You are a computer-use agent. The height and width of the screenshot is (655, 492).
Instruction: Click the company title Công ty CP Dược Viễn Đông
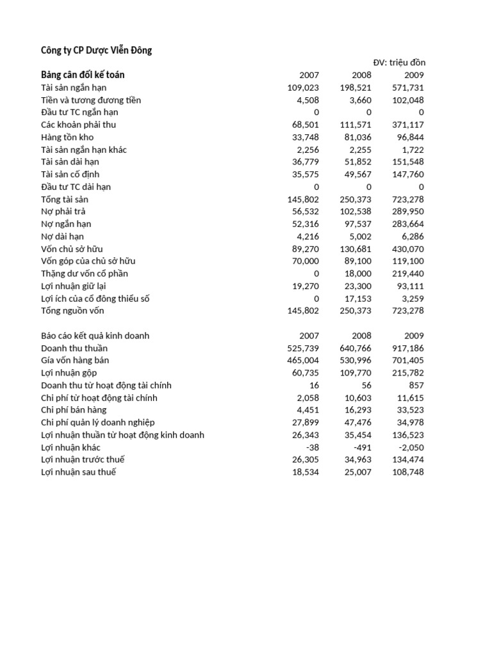pyautogui.click(x=96, y=50)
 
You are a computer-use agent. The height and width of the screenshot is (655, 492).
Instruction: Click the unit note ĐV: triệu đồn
pyautogui.click(x=399, y=63)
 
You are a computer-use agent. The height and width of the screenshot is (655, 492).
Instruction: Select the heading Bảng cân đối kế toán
pyautogui.click(x=83, y=75)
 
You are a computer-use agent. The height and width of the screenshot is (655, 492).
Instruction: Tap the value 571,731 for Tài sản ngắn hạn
pyautogui.click(x=408, y=88)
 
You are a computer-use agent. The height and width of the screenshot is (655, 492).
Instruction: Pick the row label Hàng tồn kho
pyautogui.click(x=67, y=137)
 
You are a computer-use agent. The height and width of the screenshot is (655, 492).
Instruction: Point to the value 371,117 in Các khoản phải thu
pyautogui.click(x=408, y=125)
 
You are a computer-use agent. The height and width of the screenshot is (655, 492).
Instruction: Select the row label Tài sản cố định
pyautogui.click(x=70, y=174)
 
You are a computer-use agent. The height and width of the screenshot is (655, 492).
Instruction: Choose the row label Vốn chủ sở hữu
pyautogui.click(x=72, y=249)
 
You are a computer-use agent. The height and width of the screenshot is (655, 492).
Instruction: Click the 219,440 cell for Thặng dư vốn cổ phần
pyautogui.click(x=408, y=274)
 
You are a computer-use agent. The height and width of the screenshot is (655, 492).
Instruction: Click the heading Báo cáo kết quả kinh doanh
pyautogui.click(x=95, y=336)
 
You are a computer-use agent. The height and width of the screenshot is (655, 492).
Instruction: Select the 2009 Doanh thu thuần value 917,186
pyautogui.click(x=408, y=348)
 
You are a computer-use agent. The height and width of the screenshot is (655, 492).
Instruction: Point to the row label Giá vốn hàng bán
pyautogui.click(x=74, y=361)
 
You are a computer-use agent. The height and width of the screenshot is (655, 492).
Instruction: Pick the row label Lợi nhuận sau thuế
pyautogui.click(x=79, y=472)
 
